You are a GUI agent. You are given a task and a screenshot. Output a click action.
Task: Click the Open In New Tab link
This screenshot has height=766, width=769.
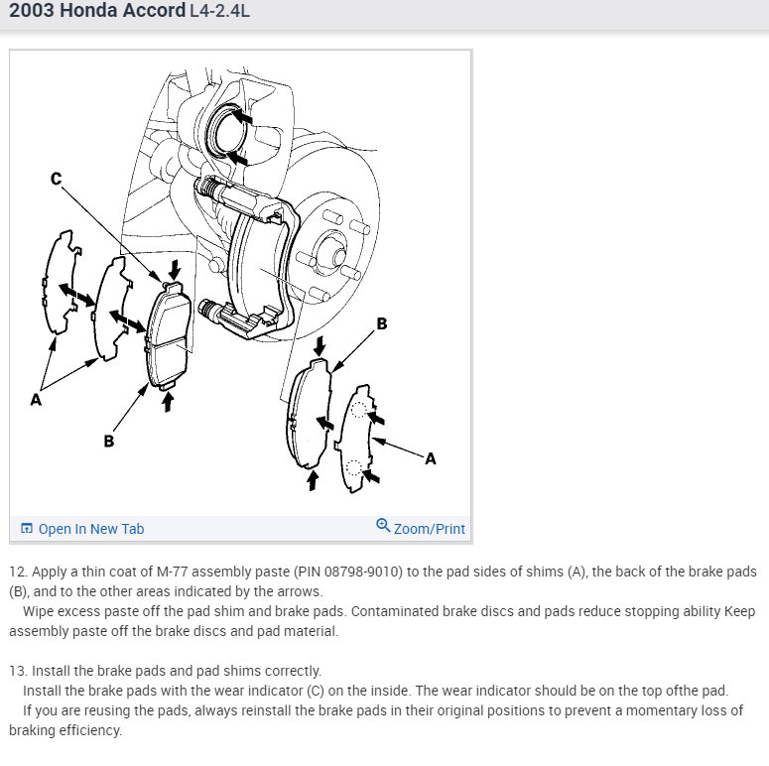(x=91, y=529)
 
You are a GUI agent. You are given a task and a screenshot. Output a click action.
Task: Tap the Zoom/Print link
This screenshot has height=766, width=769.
(x=429, y=529)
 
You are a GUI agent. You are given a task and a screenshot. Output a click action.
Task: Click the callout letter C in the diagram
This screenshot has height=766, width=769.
(x=57, y=179)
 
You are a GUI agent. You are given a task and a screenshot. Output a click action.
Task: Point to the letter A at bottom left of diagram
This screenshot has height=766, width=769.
(x=36, y=400)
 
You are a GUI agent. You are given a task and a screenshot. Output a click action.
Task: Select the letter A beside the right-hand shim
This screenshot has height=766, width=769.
(x=431, y=458)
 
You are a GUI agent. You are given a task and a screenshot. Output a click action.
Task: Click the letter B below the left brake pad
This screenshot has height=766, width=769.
(x=109, y=441)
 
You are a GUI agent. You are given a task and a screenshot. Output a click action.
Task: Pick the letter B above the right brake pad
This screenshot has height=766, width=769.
(x=382, y=323)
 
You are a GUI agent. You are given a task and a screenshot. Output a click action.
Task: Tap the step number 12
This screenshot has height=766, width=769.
(x=18, y=572)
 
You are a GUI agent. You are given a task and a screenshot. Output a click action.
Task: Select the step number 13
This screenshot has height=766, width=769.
(x=18, y=671)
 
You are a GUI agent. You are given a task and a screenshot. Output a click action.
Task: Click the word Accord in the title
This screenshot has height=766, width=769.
(x=154, y=10)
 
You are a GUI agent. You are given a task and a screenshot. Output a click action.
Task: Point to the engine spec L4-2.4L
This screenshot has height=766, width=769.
(x=219, y=11)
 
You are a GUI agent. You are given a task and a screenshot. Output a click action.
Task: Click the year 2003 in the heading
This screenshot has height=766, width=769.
(x=32, y=10)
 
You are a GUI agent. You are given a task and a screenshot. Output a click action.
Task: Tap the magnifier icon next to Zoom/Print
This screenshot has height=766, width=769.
(x=383, y=525)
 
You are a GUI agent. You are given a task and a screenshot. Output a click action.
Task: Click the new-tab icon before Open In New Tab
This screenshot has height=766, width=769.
(x=27, y=528)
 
